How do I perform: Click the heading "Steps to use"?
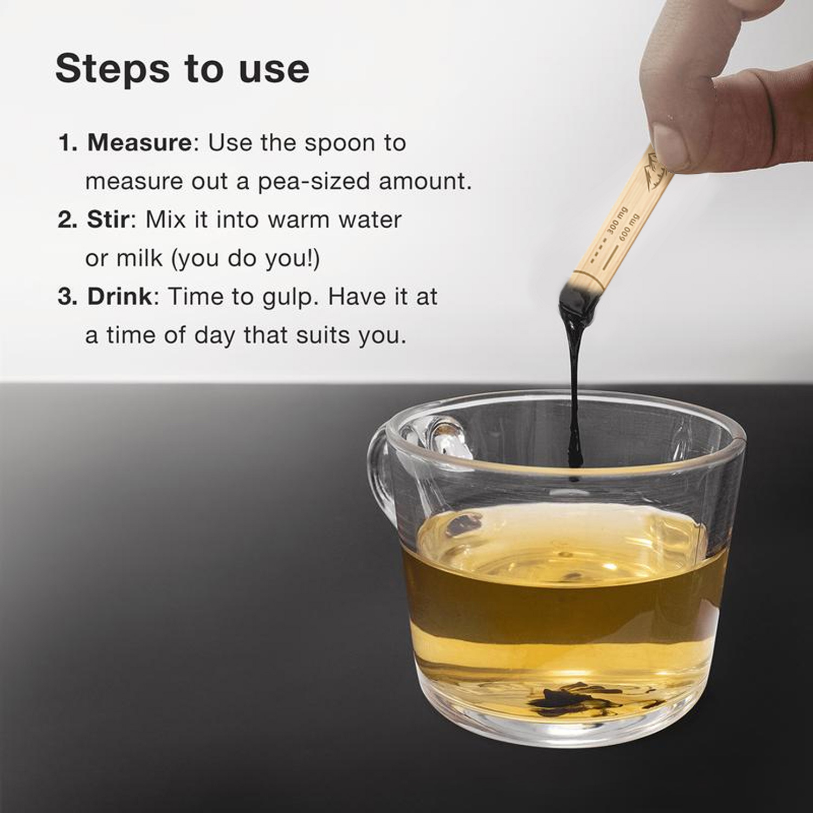coord(182,69)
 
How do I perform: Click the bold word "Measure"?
coord(139,143)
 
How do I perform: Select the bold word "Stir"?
coord(108,220)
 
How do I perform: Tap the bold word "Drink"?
coord(120,297)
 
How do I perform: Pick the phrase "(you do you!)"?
coord(246,259)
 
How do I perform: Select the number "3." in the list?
coord(68,297)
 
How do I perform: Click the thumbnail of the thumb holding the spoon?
coord(669,146)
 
